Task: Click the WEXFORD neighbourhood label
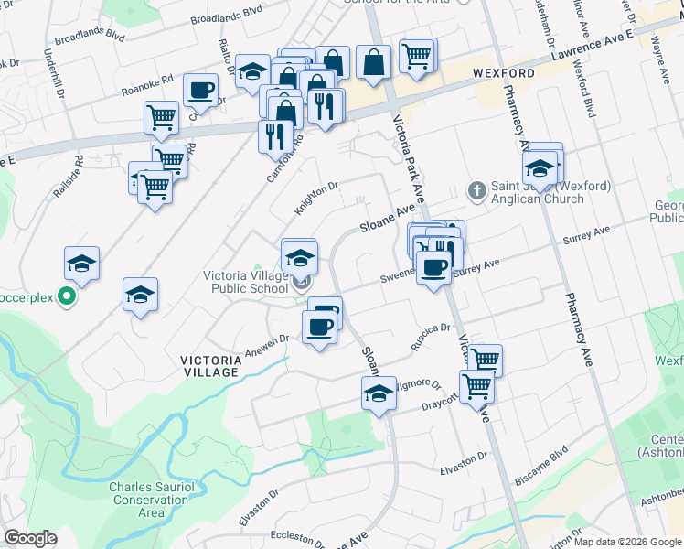[504, 72]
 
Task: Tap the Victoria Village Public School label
[245, 283]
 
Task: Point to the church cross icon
[476, 190]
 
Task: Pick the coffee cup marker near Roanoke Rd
[200, 91]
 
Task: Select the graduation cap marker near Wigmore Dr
[378, 396]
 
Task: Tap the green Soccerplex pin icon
[66, 296]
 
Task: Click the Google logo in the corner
[30, 538]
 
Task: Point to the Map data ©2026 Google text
[627, 542]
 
